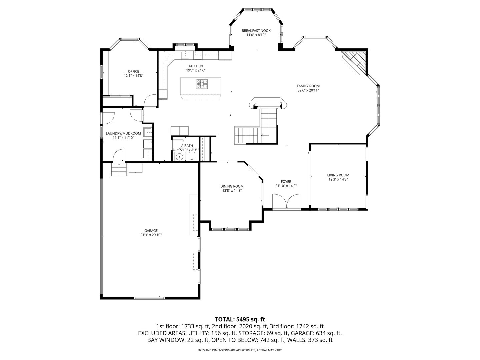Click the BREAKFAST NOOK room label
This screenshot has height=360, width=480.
point(256,31)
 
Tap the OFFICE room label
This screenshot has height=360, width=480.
point(133,71)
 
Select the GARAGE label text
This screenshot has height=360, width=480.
point(151,231)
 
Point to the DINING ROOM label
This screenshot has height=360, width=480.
point(232,186)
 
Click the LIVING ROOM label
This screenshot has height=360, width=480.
point(338,175)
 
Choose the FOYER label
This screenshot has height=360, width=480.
point(286,182)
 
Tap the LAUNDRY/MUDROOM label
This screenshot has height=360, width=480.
point(123,133)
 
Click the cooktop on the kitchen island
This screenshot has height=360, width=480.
point(202,84)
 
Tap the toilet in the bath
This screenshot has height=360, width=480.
point(192,157)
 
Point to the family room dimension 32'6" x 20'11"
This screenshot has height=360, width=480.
point(308,90)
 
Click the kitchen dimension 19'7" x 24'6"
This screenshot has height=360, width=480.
point(196,70)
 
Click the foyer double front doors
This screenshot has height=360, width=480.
point(286,201)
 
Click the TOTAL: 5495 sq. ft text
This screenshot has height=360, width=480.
point(240,319)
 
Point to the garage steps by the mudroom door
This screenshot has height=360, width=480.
point(119,169)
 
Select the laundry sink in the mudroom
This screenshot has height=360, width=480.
point(148,132)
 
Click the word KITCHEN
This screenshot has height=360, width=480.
point(196,66)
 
